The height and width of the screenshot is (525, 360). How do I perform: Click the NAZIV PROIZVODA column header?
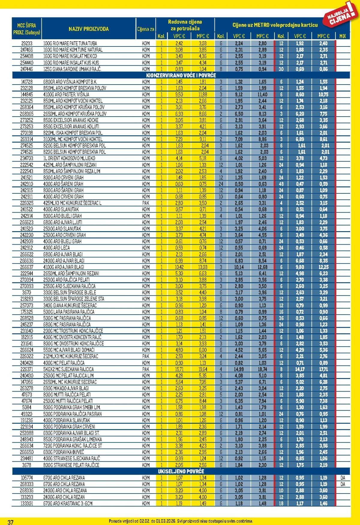point(88,29)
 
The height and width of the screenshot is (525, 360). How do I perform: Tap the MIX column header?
point(343,36)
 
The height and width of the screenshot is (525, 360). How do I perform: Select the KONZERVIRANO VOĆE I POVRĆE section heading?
point(181,75)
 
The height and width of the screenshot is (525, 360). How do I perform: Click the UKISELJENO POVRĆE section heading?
point(181,471)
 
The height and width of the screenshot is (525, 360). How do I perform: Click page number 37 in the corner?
point(10,522)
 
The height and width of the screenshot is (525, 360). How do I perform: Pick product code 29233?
point(27,43)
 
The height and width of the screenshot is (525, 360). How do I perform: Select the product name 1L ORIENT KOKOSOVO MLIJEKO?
point(69,158)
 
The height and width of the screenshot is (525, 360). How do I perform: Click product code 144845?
point(27,94)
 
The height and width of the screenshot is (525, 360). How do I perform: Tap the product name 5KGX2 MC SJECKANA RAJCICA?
point(69,369)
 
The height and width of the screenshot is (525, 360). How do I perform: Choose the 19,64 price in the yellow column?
point(203,369)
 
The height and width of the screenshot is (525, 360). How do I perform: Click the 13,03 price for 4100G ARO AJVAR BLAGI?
point(203,267)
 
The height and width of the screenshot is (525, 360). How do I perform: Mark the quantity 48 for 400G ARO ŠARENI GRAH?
point(281,184)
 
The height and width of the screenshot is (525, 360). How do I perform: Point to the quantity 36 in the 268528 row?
point(281,318)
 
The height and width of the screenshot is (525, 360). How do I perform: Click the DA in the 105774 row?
point(343,478)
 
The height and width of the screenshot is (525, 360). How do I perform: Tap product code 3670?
point(27,292)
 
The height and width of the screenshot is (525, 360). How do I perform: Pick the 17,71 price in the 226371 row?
point(323,369)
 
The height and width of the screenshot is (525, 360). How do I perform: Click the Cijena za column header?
point(145,29)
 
